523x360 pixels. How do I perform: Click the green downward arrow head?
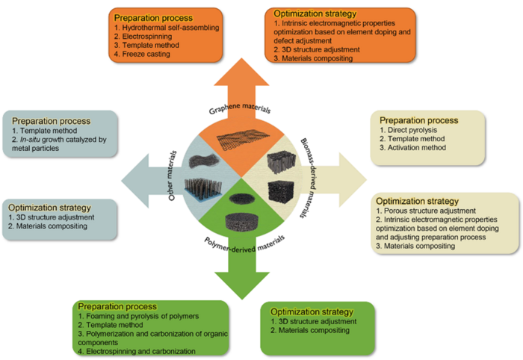[241, 277]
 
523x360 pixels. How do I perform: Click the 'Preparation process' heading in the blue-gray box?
[46, 120]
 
